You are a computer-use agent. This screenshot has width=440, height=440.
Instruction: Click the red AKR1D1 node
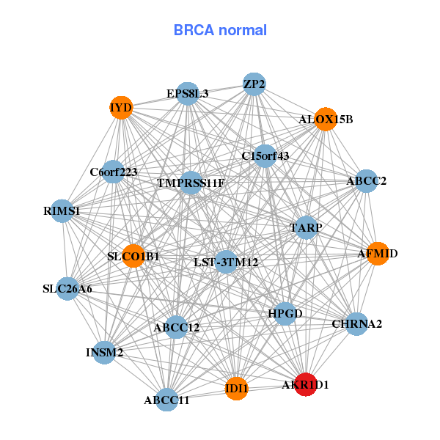306,384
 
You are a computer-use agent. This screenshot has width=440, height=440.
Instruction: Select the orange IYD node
121,108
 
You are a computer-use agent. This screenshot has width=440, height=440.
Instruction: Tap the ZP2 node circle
254,84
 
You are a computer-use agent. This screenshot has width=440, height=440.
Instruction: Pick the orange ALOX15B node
326,120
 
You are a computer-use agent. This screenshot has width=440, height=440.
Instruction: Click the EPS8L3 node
188,94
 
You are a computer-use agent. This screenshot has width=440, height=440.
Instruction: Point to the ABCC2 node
367,181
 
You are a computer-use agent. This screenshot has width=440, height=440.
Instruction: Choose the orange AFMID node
378,254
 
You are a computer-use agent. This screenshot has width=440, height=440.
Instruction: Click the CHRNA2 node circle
356,324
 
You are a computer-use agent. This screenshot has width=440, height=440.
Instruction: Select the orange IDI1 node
237,389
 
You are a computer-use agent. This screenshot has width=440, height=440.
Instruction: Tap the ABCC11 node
167,400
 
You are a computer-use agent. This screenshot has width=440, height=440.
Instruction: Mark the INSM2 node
104,353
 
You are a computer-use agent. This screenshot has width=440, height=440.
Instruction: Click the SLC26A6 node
67,289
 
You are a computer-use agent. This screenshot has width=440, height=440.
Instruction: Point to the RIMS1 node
62,211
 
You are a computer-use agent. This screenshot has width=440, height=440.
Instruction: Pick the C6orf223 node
113,172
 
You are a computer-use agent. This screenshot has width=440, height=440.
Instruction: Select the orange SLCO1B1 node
133,256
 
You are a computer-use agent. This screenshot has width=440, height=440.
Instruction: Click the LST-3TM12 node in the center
226,262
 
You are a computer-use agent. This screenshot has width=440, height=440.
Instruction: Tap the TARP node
306,227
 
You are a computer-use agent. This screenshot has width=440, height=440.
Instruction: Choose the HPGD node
285,314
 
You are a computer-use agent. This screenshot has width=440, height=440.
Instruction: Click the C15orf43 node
265,156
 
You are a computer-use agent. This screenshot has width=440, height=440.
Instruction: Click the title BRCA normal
220,30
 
